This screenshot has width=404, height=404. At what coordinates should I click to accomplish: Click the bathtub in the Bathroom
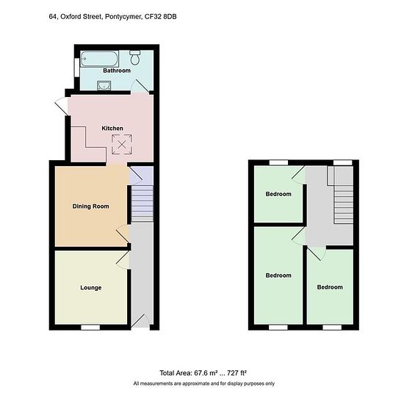(99, 59)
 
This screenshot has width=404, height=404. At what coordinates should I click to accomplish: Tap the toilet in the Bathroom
(134, 57)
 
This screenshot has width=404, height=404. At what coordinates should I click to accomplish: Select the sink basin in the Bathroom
(104, 85)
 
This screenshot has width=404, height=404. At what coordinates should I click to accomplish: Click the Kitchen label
(112, 129)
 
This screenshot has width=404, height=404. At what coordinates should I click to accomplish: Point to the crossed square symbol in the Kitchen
(122, 145)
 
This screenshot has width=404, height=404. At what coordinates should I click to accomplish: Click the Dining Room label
(90, 206)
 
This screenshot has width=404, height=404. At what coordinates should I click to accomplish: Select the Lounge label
(90, 287)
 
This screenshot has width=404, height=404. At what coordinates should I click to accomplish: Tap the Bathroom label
(117, 71)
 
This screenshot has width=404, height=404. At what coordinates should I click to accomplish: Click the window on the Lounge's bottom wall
(90, 327)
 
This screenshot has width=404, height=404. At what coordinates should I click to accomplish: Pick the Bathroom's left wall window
(77, 68)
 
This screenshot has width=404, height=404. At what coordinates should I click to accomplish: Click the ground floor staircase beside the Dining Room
(143, 203)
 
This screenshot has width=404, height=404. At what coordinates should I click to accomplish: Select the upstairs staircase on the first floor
(343, 204)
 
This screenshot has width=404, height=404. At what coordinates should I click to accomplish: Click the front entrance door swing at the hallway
(140, 321)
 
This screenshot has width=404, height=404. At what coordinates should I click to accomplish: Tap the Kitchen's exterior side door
(61, 107)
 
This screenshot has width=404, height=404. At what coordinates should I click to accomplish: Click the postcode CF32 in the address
(153, 17)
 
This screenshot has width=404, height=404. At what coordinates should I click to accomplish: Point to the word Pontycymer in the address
(123, 18)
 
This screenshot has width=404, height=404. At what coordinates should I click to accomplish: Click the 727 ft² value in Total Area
(237, 373)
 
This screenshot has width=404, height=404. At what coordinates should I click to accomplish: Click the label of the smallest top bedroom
(278, 194)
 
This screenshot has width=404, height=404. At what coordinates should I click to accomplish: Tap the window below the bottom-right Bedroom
(332, 327)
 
